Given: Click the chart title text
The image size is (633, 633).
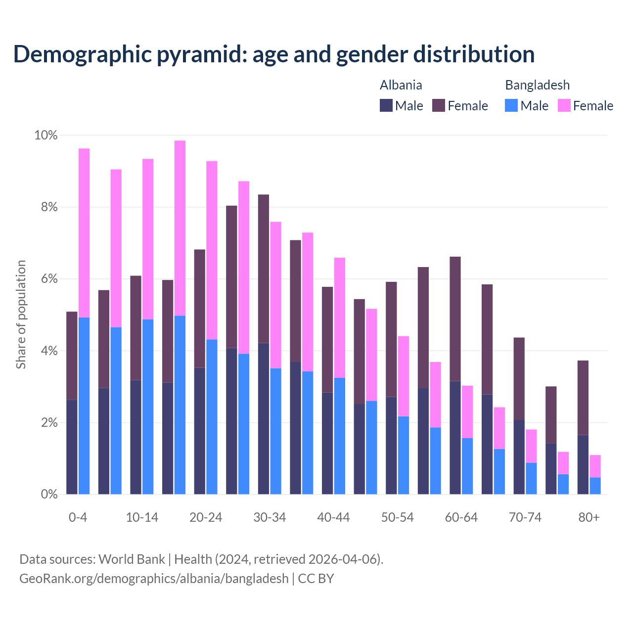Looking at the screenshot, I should tap(274, 54).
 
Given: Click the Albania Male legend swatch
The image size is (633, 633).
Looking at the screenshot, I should tap(386, 105).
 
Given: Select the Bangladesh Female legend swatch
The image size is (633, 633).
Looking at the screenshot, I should tap(564, 105).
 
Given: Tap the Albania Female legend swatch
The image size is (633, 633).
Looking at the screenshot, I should tap(439, 105).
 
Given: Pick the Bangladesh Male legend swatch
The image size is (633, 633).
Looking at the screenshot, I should tap(511, 105).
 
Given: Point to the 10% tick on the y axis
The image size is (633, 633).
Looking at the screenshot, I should tap(46, 136).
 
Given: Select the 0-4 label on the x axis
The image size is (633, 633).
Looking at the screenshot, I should tap(78, 518).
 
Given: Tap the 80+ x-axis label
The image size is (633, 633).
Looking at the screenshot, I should tap(589, 518).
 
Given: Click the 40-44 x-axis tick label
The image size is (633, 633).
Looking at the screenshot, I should tap(333, 518).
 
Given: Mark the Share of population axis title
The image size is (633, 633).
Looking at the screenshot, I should tap(21, 315).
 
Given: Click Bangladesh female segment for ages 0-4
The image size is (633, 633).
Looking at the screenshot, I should tap(84, 232).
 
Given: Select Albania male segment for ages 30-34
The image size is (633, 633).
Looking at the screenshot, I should tap(264, 418).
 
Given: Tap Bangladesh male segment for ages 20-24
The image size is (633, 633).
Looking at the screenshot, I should tap(212, 416).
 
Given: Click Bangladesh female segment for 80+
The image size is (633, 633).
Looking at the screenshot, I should tap(595, 466).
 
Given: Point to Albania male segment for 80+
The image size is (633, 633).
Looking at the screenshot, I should tap(583, 464).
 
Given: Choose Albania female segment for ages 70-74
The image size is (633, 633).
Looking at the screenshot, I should tap(519, 379).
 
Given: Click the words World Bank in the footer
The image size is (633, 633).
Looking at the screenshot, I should tap(132, 559).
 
